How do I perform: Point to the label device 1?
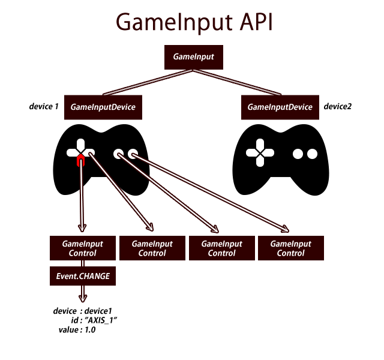44,107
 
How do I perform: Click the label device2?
337,107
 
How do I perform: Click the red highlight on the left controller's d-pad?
80,160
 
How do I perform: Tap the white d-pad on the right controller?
259,153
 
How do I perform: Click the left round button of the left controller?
118,154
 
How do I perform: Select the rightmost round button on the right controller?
313,154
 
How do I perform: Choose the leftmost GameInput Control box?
83,248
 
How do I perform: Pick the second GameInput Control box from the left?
152,248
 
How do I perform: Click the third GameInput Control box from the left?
221,248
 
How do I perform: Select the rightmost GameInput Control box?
290,248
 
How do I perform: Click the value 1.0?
89,330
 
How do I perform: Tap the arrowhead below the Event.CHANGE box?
83,298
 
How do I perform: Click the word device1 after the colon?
98,311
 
